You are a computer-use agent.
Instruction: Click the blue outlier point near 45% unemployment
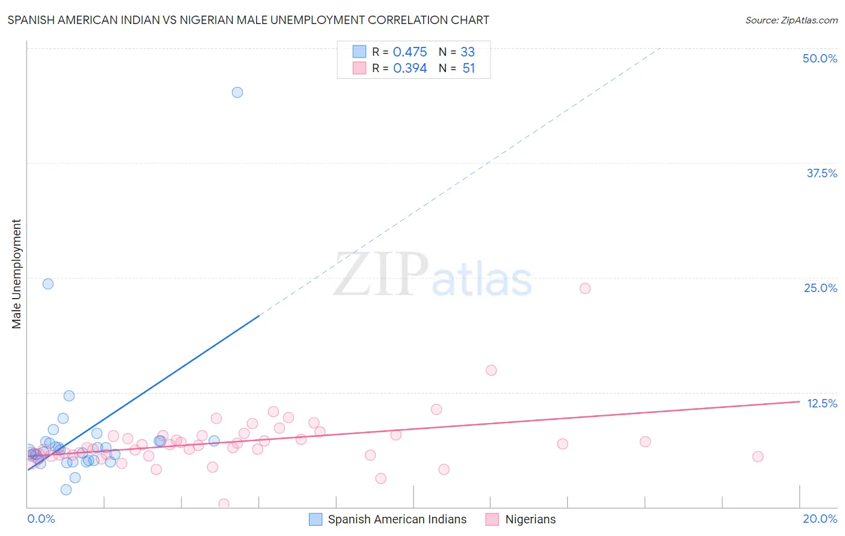tap(237, 92)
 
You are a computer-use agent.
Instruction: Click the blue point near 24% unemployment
tap(48, 284)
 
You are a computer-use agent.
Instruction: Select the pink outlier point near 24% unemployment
tap(585, 288)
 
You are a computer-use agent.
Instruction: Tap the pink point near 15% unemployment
tap(491, 370)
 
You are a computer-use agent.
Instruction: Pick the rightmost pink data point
tap(758, 457)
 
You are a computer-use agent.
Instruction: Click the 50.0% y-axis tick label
tap(820, 58)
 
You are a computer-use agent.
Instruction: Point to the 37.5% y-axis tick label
tap(822, 173)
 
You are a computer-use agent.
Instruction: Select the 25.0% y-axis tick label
tap(820, 288)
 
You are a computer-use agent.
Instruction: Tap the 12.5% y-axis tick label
tap(822, 403)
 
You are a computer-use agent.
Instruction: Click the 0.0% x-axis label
tap(41, 519)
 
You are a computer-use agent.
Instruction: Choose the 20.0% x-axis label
tap(820, 519)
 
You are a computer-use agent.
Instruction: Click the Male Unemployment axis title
tap(16, 274)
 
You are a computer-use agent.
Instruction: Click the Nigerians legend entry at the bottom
tap(530, 519)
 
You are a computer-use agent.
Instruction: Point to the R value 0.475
tap(410, 52)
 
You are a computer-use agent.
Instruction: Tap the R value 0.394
tap(410, 69)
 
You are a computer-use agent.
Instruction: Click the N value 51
tap(469, 69)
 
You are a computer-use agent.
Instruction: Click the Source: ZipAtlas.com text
tap(791, 20)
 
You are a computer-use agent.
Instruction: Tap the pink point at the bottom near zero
tap(224, 504)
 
